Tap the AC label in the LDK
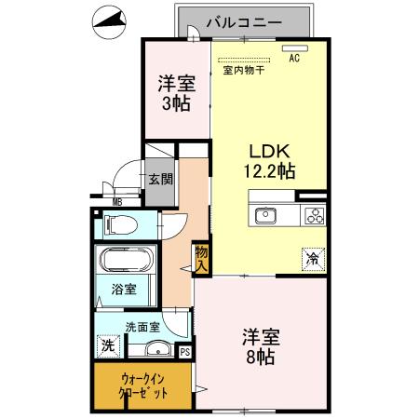[x=294, y=59]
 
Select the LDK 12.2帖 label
[x=271, y=159]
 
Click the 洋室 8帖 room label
[x=262, y=345]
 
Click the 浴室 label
[x=124, y=289]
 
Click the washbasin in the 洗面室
[x=156, y=350]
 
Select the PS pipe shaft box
[x=184, y=352]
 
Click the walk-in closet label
[x=145, y=385]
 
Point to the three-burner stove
[x=314, y=216]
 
